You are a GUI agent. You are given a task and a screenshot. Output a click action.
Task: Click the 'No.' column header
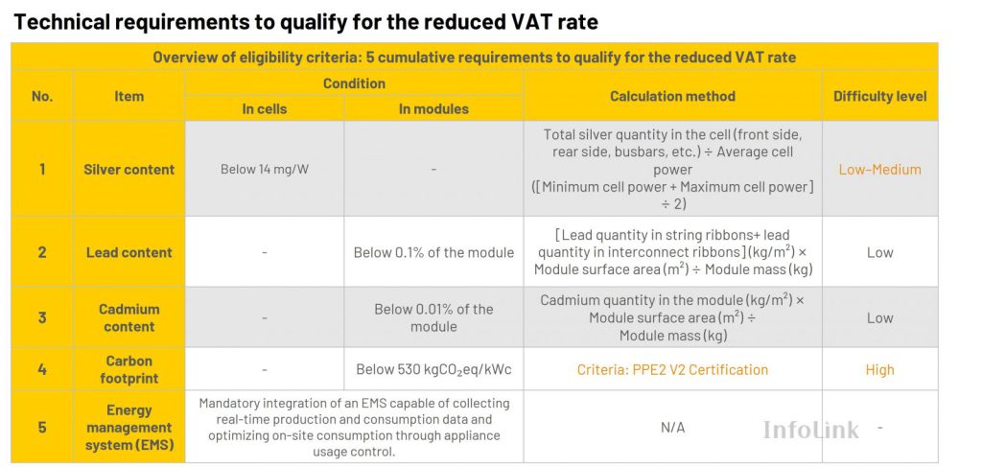click(x=42, y=96)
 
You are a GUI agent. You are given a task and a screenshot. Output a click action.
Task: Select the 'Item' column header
click(x=129, y=96)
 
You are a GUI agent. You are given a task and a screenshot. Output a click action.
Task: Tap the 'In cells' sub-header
click(x=263, y=109)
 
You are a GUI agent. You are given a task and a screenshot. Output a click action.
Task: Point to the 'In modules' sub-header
click(x=433, y=109)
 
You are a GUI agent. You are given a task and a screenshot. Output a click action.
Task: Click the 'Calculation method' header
click(x=672, y=96)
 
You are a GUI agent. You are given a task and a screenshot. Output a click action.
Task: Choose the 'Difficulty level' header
click(x=879, y=96)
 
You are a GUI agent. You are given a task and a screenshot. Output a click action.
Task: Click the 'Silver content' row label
click(x=129, y=170)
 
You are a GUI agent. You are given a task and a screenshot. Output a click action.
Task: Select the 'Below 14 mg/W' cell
click(x=264, y=170)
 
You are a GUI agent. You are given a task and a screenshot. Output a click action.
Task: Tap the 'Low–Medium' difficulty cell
click(x=879, y=170)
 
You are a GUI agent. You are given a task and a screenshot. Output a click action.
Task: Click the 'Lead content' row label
click(x=129, y=253)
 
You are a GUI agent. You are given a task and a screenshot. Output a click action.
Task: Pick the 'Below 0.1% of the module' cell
click(x=433, y=253)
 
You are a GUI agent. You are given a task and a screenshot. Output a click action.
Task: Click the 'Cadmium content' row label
click(x=129, y=317)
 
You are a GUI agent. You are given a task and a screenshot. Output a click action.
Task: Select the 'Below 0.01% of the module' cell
click(x=433, y=317)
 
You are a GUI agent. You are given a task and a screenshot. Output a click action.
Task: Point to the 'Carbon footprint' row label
click(x=129, y=369)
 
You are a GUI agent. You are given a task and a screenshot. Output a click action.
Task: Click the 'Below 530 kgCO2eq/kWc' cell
click(x=433, y=369)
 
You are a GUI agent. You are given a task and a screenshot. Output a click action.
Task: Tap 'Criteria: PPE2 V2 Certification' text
click(x=672, y=369)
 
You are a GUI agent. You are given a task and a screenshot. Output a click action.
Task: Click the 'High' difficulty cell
click(x=879, y=369)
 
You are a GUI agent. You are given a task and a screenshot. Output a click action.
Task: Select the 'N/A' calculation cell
click(x=672, y=428)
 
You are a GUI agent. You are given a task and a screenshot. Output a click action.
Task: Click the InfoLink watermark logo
click(x=810, y=430)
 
